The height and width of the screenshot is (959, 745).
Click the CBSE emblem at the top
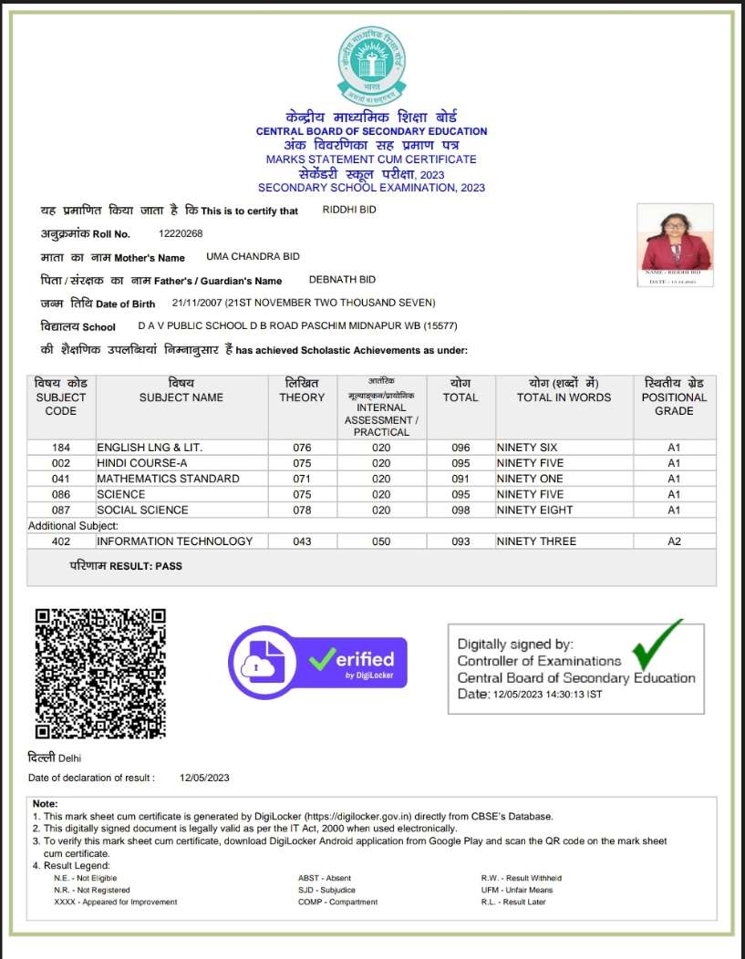pyautogui.click(x=371, y=65)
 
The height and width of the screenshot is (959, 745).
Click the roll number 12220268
pyautogui.click(x=181, y=234)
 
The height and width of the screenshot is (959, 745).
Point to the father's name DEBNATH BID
pyautogui.click(x=342, y=280)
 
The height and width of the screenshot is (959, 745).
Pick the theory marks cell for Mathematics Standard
pyautogui.click(x=302, y=479)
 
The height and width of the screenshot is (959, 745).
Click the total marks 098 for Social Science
pyautogui.click(x=460, y=510)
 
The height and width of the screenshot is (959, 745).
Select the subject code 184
pyautogui.click(x=61, y=448)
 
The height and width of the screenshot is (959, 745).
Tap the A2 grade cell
pyautogui.click(x=674, y=541)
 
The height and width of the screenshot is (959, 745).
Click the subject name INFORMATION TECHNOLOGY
pyautogui.click(x=175, y=541)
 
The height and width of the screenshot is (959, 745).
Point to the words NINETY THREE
pyautogui.click(x=536, y=541)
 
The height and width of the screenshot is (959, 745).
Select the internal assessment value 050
pyautogui.click(x=381, y=541)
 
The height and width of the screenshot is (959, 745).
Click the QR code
pyautogui.click(x=100, y=673)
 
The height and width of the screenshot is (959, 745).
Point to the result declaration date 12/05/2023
pyautogui.click(x=204, y=778)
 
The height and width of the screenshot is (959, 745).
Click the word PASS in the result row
pyautogui.click(x=169, y=566)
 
